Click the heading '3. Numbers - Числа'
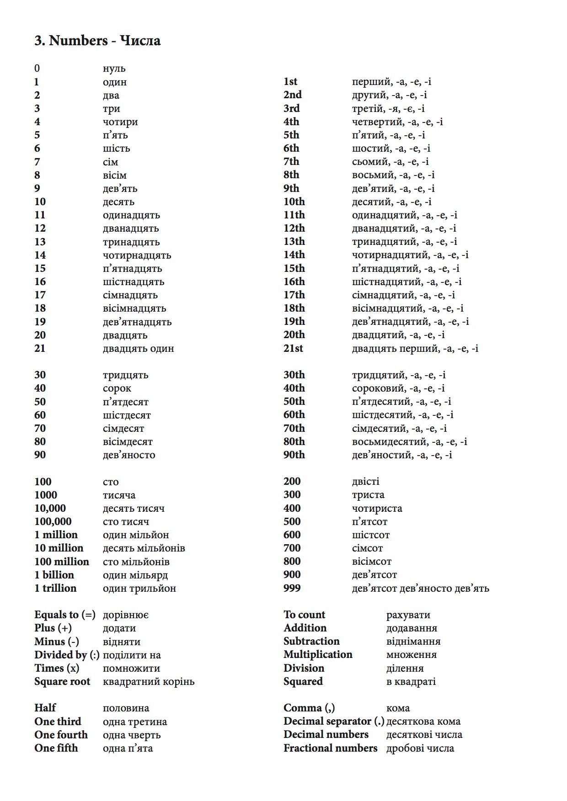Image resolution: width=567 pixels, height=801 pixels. [97, 41]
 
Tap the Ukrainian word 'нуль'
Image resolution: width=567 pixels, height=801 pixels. [114, 69]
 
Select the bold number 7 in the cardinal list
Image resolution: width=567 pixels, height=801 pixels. [37, 162]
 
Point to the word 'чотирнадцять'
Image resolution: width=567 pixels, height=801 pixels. [137, 255]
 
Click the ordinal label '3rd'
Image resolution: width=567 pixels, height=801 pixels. [291, 108]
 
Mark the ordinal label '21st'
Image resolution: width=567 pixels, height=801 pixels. [293, 348]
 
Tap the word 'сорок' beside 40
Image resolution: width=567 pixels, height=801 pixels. [117, 388]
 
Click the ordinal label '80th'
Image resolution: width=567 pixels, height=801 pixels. [294, 441]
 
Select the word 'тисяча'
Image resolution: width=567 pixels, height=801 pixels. [119, 495]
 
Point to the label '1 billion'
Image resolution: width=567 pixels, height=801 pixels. [54, 575]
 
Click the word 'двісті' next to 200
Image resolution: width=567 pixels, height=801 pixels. [365, 482]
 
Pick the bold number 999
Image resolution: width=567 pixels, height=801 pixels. [292, 588]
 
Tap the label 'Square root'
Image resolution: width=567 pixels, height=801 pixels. [62, 681]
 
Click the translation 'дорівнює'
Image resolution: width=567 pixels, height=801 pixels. [125, 615]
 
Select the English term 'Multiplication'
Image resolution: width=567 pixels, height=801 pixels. [318, 655]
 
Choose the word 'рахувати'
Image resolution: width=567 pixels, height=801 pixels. [408, 615]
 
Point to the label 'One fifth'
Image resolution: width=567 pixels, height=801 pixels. [56, 748]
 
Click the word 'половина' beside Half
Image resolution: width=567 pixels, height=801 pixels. [126, 708]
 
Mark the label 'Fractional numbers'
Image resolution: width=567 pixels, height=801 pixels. [330, 748]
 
